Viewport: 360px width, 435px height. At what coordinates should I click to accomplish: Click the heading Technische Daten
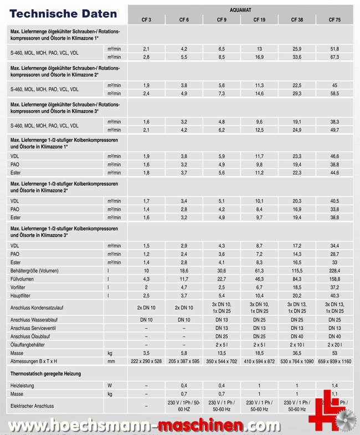[x=64, y=14]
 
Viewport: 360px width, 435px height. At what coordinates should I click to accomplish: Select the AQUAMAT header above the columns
[x=240, y=10]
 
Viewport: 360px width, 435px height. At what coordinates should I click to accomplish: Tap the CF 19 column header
[x=259, y=19]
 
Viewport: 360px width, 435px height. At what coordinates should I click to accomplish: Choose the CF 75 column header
[x=335, y=19]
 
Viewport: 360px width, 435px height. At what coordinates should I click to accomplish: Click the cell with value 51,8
[x=335, y=49]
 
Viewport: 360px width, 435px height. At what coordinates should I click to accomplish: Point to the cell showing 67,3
[x=335, y=57]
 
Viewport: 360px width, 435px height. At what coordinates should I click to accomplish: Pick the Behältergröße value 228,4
[x=335, y=271]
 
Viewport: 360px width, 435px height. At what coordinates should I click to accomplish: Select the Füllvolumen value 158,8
[x=335, y=279]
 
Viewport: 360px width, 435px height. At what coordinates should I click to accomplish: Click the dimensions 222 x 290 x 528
[x=146, y=361]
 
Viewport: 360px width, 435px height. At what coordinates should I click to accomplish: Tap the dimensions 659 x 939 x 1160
[x=335, y=361]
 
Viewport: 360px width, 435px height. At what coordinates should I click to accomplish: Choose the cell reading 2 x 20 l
[x=335, y=345]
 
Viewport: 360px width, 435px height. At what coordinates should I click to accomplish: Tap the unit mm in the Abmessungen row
[x=111, y=361]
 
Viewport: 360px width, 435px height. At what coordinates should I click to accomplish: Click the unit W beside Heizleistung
[x=110, y=385]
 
